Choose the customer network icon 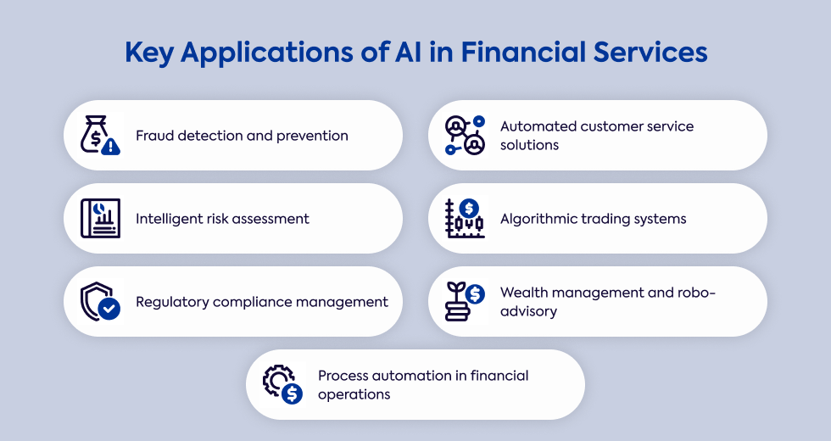[465, 136]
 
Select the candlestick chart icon [465, 219]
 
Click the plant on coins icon [465, 302]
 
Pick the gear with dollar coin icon [282, 384]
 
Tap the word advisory [528, 311]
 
